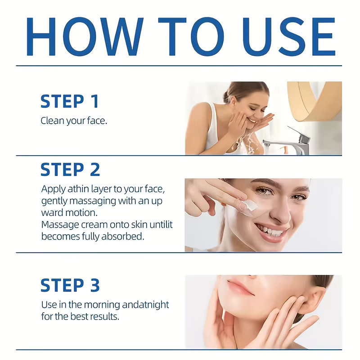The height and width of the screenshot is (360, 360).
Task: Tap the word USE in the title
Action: point(288,37)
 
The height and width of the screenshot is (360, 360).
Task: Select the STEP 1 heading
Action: point(70,101)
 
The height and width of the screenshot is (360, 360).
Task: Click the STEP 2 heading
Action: point(70,170)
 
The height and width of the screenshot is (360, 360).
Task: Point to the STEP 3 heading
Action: point(70,285)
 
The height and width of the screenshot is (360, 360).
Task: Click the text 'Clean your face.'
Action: point(74,121)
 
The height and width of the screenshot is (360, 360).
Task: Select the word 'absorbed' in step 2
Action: point(122,236)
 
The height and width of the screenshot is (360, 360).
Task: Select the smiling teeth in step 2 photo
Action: point(271,231)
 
